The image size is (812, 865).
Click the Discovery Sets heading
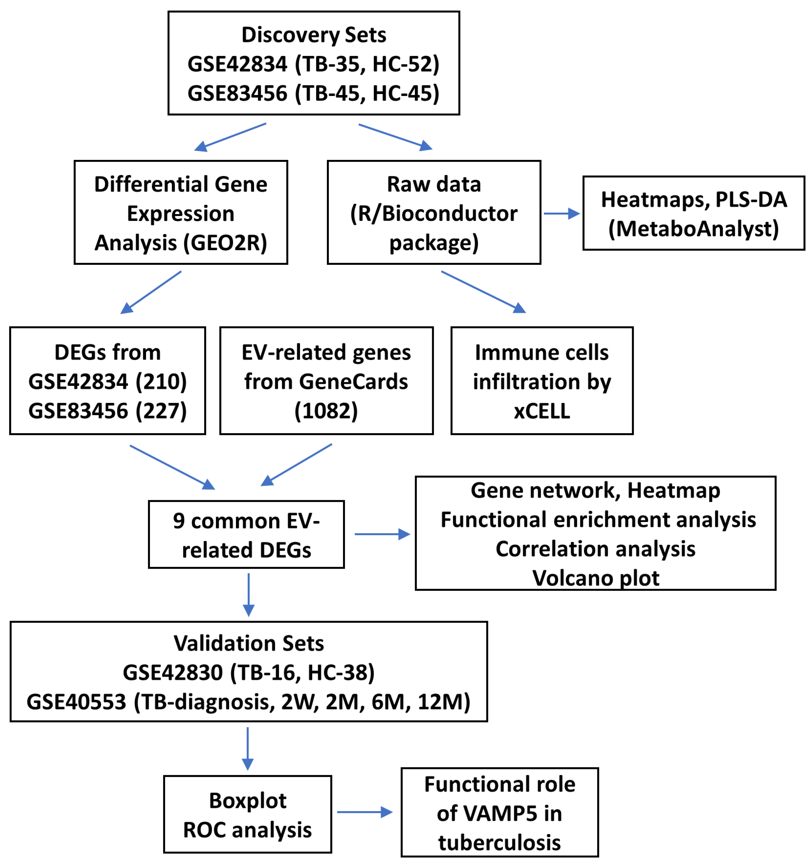coord(313,35)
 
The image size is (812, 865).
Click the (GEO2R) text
coord(225,243)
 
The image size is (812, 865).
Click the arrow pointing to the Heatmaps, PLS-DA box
coord(561,213)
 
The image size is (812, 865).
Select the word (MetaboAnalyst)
coord(693,229)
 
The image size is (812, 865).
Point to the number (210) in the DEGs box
coord(161,381)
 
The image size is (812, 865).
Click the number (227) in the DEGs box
coord(161,411)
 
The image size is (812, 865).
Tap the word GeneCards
coord(353,381)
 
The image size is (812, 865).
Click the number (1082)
coord(326,411)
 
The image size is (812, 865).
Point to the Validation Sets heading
coord(249,643)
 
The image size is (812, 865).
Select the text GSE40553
coord(76,702)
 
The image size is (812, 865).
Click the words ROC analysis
coord(247,830)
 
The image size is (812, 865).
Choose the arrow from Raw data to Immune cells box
coord(483,291)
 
